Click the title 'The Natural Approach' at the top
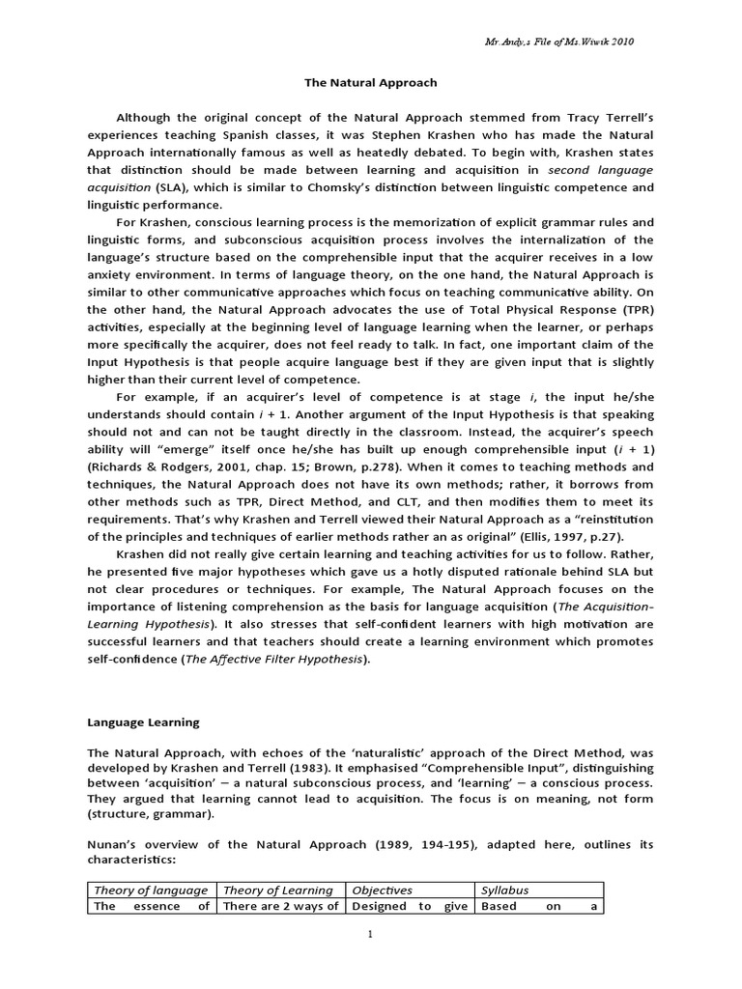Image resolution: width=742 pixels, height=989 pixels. (x=371, y=83)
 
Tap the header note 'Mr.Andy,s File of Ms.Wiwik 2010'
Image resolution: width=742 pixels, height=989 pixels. (x=558, y=42)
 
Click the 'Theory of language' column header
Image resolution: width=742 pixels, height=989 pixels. (x=150, y=890)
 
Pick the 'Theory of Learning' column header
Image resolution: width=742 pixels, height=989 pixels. (x=278, y=890)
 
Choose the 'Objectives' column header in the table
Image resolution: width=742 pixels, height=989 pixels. (x=383, y=890)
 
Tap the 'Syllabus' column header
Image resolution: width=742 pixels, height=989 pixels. (x=505, y=890)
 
